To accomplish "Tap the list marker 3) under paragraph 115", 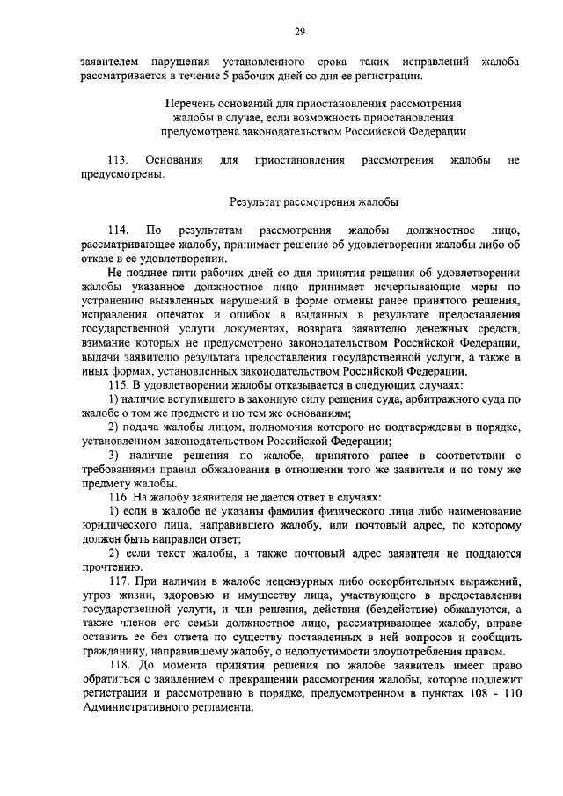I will coord(114,456).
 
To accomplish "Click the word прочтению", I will coord(105,568).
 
